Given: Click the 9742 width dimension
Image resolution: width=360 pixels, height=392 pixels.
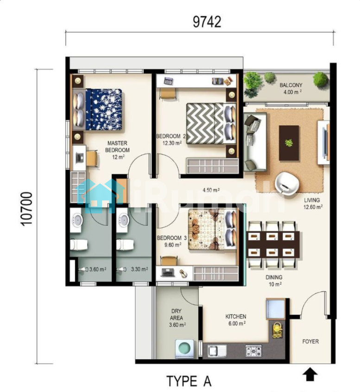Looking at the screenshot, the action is [207, 22].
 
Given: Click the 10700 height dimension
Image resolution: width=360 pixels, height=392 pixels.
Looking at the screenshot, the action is [26, 209].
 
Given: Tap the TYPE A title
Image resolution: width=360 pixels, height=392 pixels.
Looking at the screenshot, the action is [189, 381].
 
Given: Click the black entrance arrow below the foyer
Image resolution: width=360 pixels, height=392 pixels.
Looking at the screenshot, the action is [310, 374].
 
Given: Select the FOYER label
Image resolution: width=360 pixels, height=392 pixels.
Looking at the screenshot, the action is [310, 341].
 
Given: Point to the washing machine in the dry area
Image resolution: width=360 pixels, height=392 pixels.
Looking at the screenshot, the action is [184, 348].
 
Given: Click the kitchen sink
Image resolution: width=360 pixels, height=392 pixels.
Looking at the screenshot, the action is [217, 351].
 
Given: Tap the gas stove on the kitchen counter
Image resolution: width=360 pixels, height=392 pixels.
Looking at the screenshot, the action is [253, 351].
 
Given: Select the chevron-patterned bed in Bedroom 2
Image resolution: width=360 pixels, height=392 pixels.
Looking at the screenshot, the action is [211, 123].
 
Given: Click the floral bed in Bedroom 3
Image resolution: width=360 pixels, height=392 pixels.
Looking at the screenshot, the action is [212, 230].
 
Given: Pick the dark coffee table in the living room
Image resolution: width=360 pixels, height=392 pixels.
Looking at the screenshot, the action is [289, 143].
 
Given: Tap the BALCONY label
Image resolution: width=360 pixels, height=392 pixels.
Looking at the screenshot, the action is [291, 85].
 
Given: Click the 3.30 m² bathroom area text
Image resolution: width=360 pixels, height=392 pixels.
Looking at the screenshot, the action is [139, 269].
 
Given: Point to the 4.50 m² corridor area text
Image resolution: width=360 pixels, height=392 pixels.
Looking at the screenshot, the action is [211, 190].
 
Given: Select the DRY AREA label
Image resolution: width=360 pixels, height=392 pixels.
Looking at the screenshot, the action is [177, 315].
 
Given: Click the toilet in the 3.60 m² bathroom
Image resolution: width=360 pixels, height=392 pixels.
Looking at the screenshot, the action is [79, 245].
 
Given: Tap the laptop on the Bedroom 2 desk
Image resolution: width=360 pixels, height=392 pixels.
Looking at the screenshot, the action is [169, 81].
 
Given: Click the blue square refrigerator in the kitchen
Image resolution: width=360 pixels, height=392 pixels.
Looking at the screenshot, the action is [275, 309].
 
